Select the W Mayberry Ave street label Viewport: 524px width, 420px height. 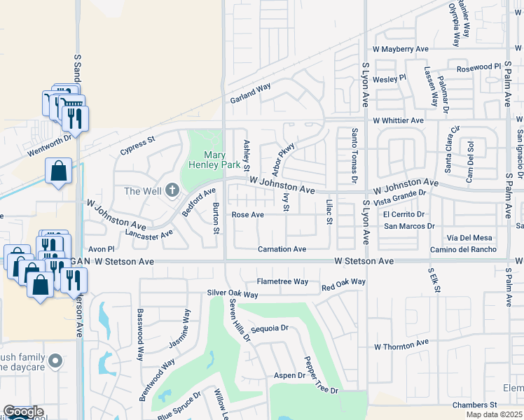(400, 50)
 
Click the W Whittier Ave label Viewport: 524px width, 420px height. (398, 120)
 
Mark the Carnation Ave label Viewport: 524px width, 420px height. (282, 249)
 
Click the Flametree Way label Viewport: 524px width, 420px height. (282, 281)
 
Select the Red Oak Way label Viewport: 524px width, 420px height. (343, 282)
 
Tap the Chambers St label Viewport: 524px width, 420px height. (474, 405)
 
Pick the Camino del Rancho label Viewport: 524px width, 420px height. (463, 250)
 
